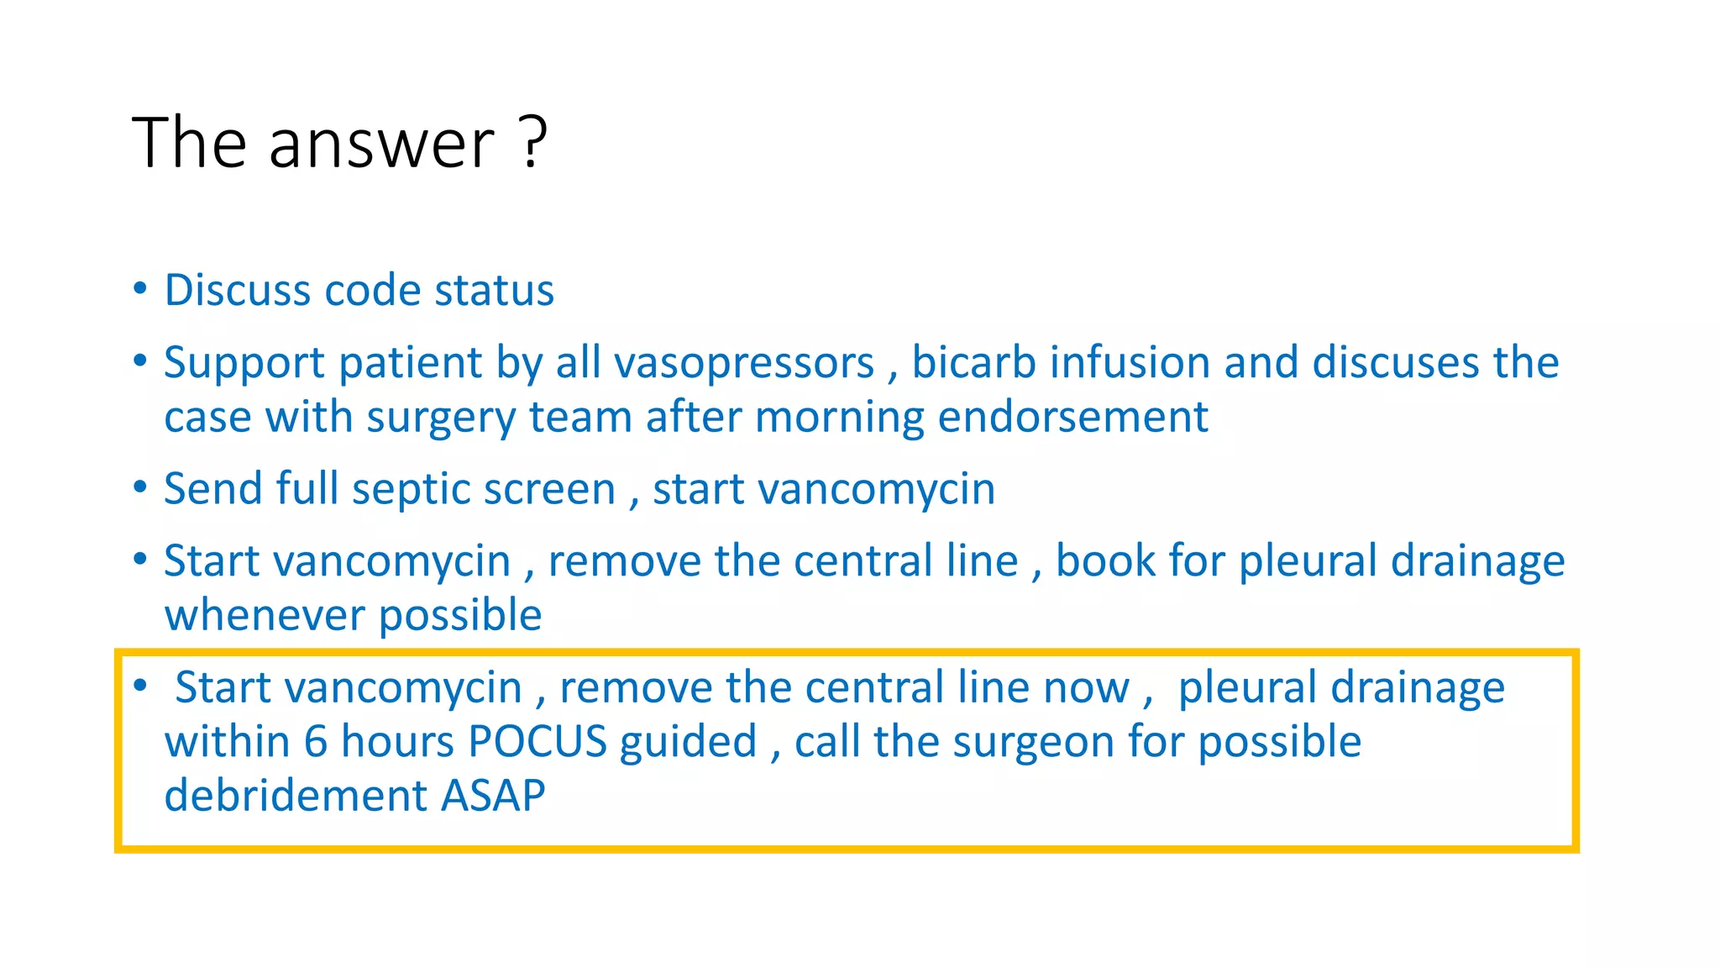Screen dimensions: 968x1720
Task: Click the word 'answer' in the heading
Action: (382, 145)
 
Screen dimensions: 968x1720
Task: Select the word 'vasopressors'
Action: (744, 364)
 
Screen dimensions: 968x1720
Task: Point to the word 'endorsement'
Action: (1072, 417)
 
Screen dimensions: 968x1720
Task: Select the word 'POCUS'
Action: (537, 742)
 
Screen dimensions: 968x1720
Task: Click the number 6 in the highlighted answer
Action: (316, 742)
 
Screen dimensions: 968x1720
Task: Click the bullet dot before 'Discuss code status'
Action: (140, 288)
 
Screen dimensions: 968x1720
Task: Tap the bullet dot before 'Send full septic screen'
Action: (140, 487)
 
